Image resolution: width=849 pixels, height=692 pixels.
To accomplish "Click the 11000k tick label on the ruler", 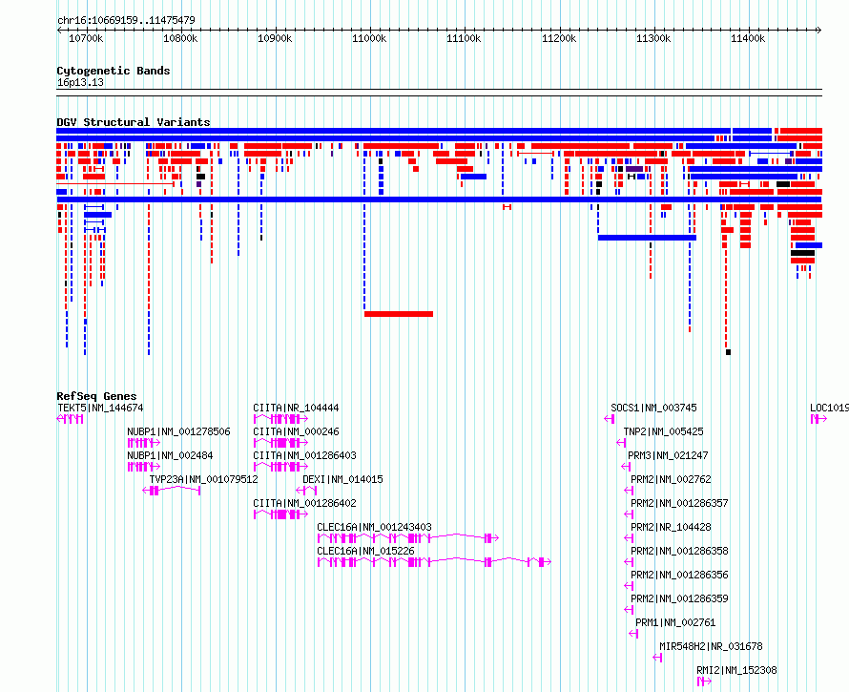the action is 369,38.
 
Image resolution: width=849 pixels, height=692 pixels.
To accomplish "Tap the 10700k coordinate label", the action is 86,38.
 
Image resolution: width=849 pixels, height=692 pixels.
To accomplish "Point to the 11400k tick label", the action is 748,38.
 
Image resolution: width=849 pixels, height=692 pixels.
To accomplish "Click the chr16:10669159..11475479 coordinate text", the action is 126,20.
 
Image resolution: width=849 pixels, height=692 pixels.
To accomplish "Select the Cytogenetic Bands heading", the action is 114,71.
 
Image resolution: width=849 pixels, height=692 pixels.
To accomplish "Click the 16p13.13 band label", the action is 80,82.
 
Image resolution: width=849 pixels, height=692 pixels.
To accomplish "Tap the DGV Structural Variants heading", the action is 134,122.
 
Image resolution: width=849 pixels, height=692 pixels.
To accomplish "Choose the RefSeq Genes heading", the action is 96,396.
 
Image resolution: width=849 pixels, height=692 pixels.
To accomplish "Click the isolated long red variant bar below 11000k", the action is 399,314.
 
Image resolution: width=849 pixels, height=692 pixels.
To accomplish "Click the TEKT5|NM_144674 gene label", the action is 100,408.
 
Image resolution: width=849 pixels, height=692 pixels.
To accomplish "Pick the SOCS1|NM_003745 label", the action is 653,408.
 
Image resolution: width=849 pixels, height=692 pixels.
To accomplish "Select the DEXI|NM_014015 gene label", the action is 342,479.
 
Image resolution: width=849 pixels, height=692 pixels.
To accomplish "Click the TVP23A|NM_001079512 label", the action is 203,479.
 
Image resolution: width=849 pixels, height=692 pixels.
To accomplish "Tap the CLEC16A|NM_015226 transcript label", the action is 365,551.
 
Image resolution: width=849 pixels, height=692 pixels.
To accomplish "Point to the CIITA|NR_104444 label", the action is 296,408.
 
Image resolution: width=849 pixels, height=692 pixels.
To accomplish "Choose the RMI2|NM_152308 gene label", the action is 736,670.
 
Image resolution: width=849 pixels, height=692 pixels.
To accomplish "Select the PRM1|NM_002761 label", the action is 675,622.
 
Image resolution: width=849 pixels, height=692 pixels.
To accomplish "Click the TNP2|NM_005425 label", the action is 663,431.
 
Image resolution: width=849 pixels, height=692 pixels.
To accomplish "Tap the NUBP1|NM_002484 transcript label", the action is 170,455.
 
